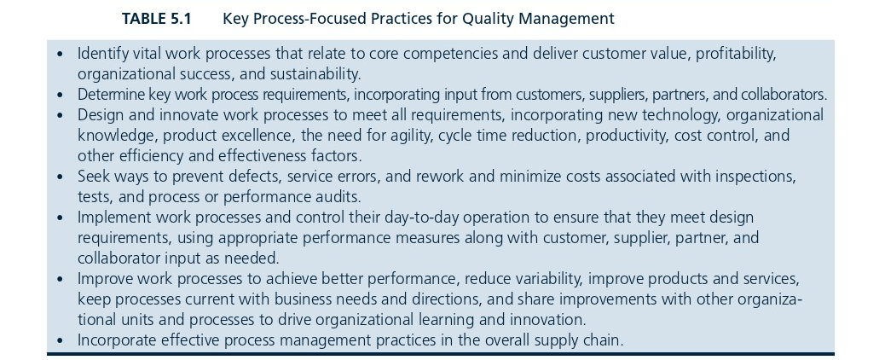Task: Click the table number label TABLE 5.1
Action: (x=157, y=19)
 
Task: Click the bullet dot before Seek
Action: (x=61, y=177)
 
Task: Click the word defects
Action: (x=256, y=177)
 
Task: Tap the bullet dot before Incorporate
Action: (x=61, y=340)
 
